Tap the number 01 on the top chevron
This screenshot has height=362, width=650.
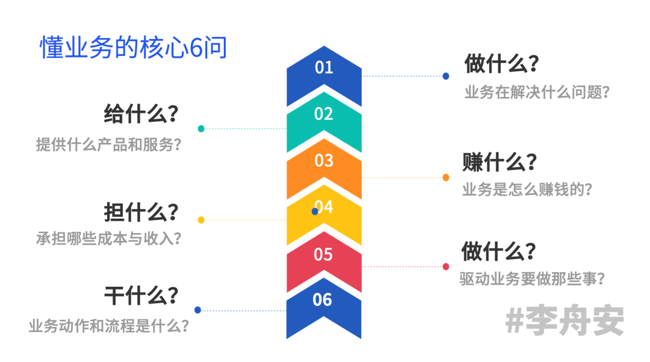[x=324, y=67]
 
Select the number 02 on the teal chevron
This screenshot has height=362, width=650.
[x=324, y=113]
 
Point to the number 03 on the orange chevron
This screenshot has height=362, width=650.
[x=324, y=160]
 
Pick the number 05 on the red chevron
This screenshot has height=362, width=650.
[x=323, y=254]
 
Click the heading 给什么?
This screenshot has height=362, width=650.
[x=141, y=113]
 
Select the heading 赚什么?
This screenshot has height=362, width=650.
[x=500, y=162]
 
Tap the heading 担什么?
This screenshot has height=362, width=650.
[x=141, y=212]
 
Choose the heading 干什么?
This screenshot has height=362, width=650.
[x=141, y=296]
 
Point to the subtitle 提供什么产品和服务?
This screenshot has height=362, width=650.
[x=109, y=145]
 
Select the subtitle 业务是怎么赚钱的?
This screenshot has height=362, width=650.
[x=527, y=189]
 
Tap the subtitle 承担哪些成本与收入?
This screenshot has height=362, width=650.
[x=109, y=238]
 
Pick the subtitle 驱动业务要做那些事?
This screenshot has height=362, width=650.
[x=532, y=279]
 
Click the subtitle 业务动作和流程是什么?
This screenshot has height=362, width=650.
[x=109, y=326]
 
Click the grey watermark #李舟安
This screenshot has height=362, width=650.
[x=565, y=320]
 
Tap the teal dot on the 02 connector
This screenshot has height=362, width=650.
[x=201, y=128]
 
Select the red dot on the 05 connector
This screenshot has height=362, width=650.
[x=446, y=266]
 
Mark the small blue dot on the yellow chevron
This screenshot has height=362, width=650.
[x=315, y=211]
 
